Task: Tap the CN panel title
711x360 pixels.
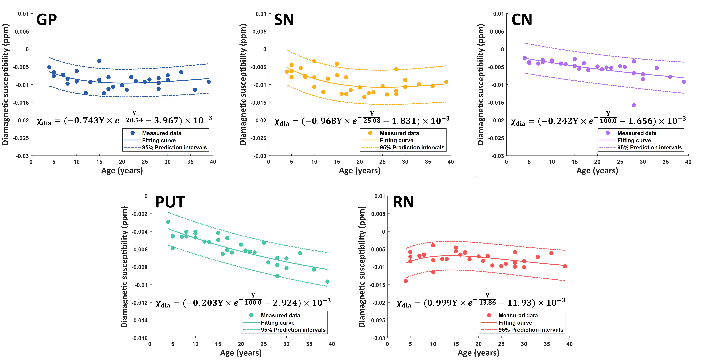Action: click(522, 20)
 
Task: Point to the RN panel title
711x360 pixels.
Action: click(403, 202)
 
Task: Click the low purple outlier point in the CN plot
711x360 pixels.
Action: click(634, 105)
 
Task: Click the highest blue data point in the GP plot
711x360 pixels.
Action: click(99, 61)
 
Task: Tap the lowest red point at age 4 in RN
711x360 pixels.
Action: click(406, 281)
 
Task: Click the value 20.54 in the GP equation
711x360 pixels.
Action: click(134, 120)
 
